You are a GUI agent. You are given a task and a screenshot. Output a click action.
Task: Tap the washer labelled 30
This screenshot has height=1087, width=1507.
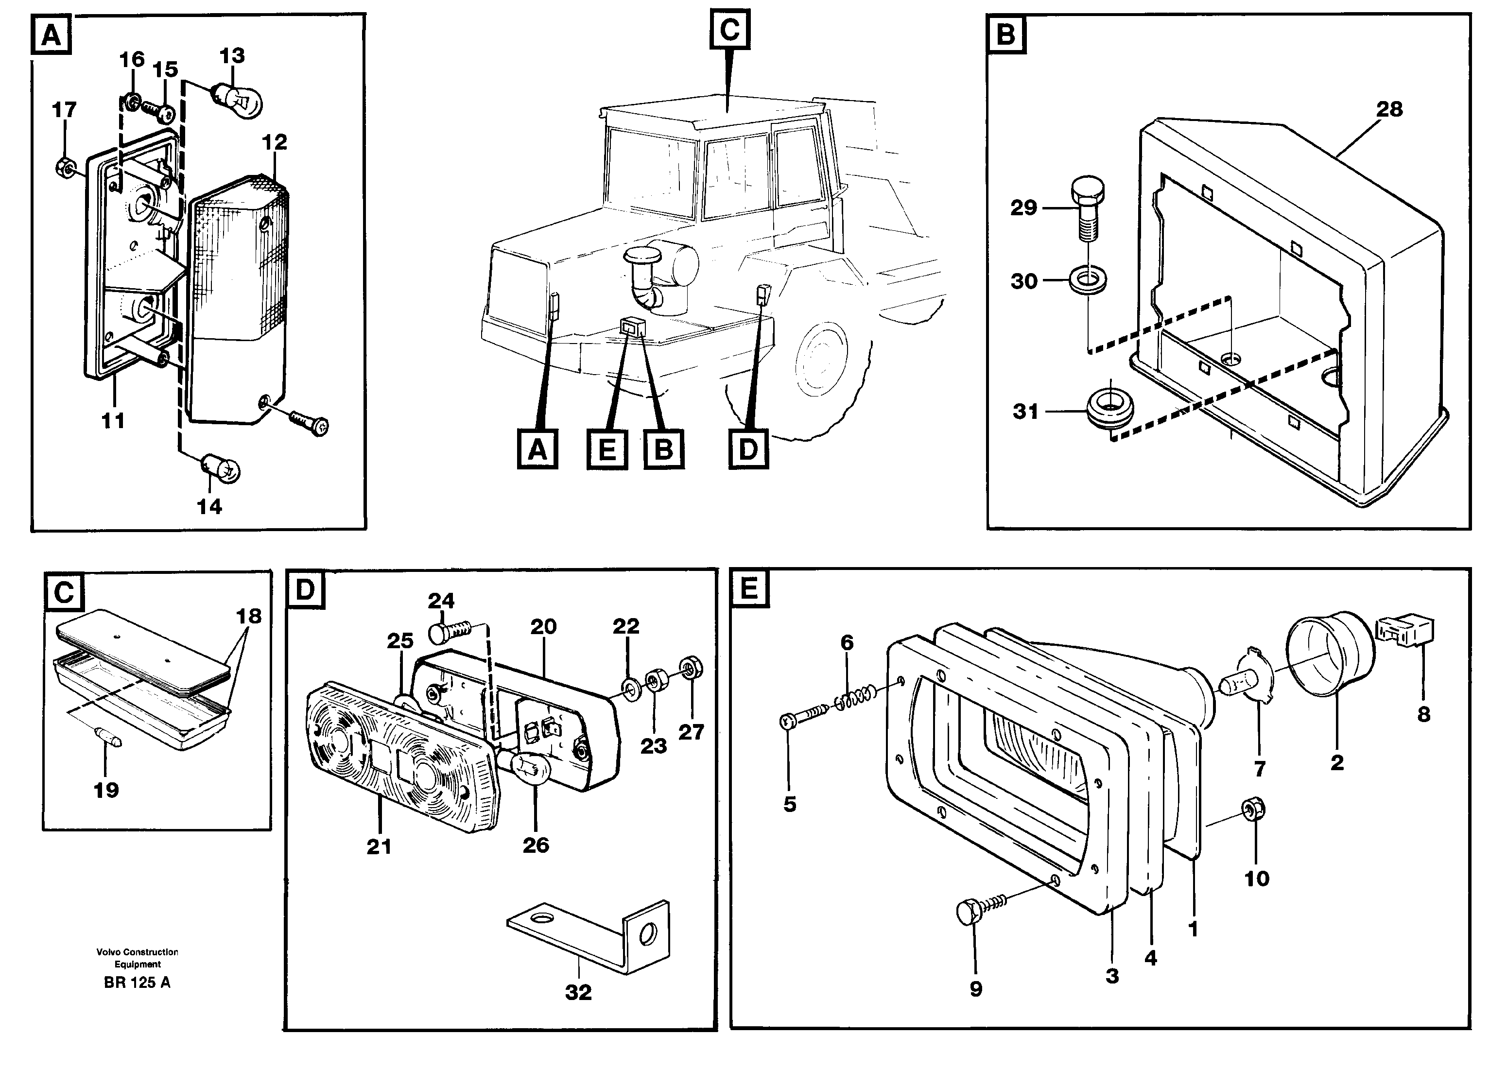pyautogui.click(x=1088, y=280)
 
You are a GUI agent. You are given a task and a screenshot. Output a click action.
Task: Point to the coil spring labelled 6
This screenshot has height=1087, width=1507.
pyautogui.click(x=854, y=699)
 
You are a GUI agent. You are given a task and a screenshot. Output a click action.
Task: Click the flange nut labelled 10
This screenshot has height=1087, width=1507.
pyautogui.click(x=1254, y=809)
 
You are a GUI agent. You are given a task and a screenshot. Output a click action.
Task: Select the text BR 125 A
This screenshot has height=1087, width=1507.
pyautogui.click(x=137, y=982)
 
